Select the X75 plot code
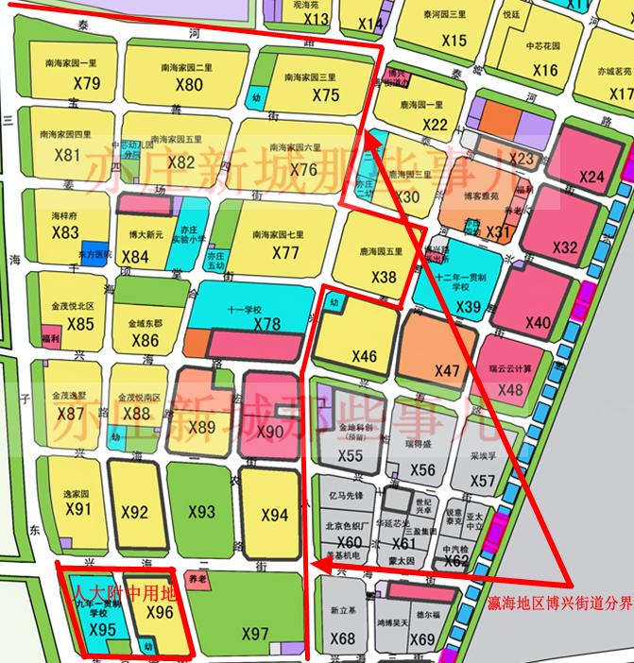click(x=325, y=94)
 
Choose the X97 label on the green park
click(x=255, y=634)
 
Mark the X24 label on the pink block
click(x=591, y=177)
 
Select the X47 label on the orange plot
click(x=448, y=368)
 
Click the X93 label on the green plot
click(x=201, y=512)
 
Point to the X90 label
click(x=269, y=432)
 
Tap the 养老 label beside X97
click(x=197, y=577)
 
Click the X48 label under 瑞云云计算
click(x=509, y=389)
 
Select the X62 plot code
click(x=456, y=561)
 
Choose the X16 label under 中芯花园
click(x=544, y=70)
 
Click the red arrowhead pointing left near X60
click(x=317, y=565)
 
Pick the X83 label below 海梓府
click(x=66, y=232)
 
